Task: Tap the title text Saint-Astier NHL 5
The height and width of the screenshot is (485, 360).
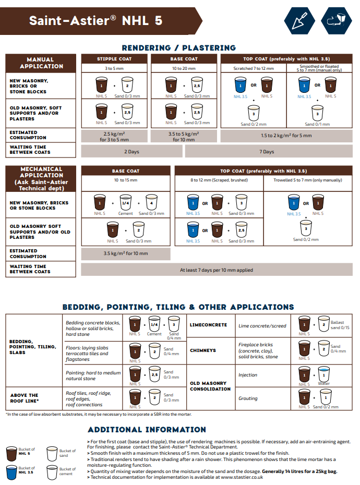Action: point(95,21)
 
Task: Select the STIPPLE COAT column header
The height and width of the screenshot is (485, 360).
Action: point(114,59)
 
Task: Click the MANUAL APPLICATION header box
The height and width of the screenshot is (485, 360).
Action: point(41,63)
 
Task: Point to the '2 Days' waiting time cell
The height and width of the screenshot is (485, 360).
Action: point(131,152)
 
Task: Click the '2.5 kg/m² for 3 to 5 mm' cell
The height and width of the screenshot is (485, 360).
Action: point(114,137)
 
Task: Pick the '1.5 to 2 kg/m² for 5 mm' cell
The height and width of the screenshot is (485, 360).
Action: point(286,136)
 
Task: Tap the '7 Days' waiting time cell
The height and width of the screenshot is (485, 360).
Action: point(267,152)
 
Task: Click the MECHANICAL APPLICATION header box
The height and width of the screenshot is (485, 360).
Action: point(41,178)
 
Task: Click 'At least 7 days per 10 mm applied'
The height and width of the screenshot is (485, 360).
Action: point(216,270)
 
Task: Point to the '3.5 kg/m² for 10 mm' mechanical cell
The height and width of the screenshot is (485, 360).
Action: point(125,253)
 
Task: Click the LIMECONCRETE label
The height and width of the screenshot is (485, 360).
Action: point(208,325)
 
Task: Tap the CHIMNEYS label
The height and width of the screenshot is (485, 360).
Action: point(203,350)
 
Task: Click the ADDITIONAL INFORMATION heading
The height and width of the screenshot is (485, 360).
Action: point(147,430)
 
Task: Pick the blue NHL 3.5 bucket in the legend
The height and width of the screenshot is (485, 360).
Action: point(10,471)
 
